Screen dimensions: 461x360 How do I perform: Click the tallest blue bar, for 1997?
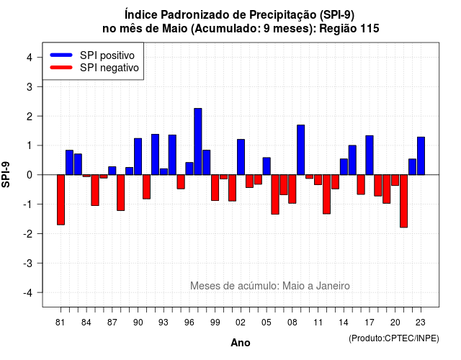click(x=198, y=141)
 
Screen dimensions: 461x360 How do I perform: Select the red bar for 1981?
click(x=61, y=200)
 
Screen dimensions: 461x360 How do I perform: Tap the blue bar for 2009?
click(x=301, y=150)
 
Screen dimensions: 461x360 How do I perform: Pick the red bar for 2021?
click(x=403, y=201)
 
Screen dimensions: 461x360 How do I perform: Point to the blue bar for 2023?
click(x=421, y=156)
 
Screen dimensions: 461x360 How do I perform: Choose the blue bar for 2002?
click(x=241, y=157)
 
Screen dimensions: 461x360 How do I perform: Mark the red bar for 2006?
click(x=275, y=194)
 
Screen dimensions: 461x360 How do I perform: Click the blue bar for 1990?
click(x=138, y=157)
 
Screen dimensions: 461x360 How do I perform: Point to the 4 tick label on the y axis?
click(x=30, y=58)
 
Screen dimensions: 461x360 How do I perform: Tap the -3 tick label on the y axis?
click(x=28, y=263)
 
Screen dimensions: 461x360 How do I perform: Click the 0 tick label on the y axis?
click(x=30, y=175)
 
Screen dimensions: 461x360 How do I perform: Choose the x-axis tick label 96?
click(x=189, y=323)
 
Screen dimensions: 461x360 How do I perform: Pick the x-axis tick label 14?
click(x=344, y=323)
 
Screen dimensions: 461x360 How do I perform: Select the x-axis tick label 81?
click(x=61, y=323)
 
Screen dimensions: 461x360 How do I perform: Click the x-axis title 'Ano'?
click(x=240, y=343)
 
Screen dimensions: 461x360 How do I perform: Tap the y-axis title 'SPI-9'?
click(x=6, y=174)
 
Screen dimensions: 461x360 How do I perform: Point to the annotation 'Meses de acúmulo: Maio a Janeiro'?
click(x=270, y=286)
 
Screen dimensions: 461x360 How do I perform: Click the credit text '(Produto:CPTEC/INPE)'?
click(x=394, y=338)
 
